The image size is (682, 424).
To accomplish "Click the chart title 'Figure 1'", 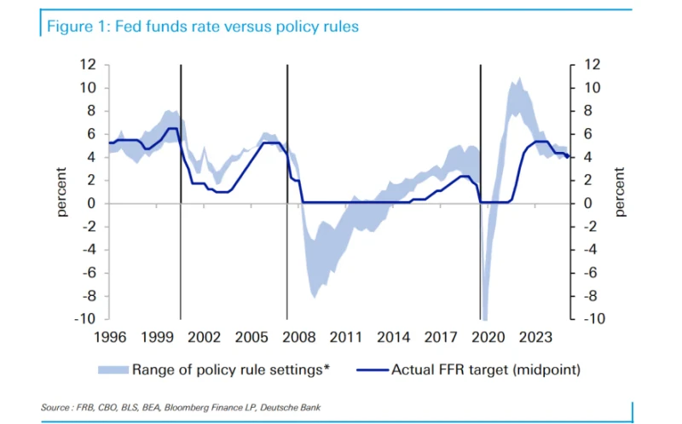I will (202, 26).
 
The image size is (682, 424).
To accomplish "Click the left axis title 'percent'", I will (62, 191).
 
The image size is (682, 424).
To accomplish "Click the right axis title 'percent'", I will (620, 191).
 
